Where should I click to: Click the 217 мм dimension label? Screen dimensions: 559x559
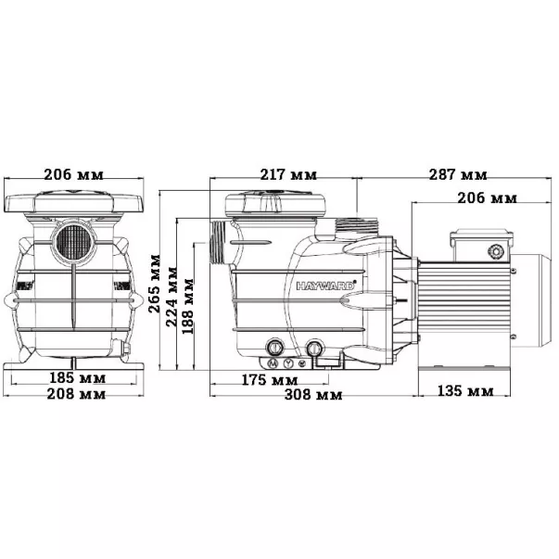[x=288, y=174]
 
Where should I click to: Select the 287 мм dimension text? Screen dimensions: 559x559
[x=458, y=174]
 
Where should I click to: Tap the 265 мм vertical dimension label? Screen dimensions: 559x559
[x=155, y=284]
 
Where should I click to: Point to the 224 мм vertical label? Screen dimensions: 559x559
[x=172, y=297]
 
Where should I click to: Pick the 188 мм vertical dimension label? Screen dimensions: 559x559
[x=188, y=306]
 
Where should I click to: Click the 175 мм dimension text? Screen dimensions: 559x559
[x=270, y=380]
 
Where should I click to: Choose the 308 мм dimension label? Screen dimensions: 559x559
[x=313, y=394]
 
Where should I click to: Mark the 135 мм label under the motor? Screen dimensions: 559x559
[x=465, y=391]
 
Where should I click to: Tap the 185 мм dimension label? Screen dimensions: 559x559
[x=77, y=378]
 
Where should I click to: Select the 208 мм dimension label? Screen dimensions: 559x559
[x=76, y=394]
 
